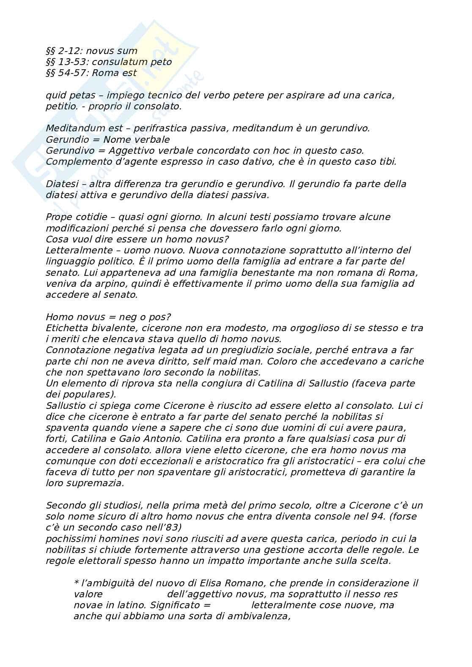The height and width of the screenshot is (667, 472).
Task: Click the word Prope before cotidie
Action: (x=58, y=217)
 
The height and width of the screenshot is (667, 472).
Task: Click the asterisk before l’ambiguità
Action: (x=76, y=583)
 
